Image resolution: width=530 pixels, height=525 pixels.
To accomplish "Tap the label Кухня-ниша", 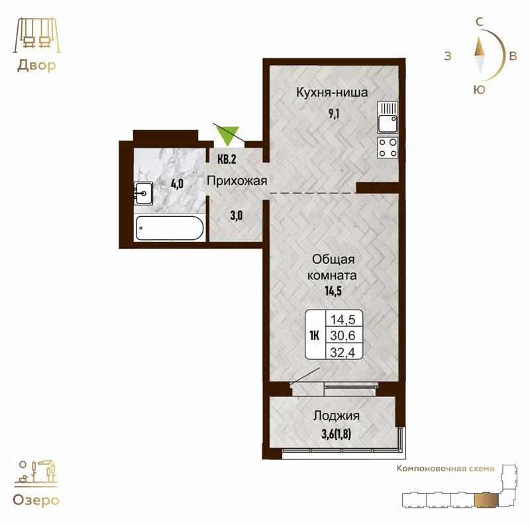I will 331,93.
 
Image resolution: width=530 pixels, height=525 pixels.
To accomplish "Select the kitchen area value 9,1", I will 331,112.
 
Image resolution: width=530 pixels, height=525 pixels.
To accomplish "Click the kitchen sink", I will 387,117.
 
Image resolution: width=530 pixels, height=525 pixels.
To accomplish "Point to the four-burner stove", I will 387,148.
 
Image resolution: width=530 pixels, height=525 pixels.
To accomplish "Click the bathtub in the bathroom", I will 170,229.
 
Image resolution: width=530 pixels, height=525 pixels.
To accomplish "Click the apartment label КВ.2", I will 227,159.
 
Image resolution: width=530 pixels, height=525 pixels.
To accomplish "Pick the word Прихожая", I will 237,181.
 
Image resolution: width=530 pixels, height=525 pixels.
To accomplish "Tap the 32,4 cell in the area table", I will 342,352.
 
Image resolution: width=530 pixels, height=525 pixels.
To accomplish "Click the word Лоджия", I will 336,416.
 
